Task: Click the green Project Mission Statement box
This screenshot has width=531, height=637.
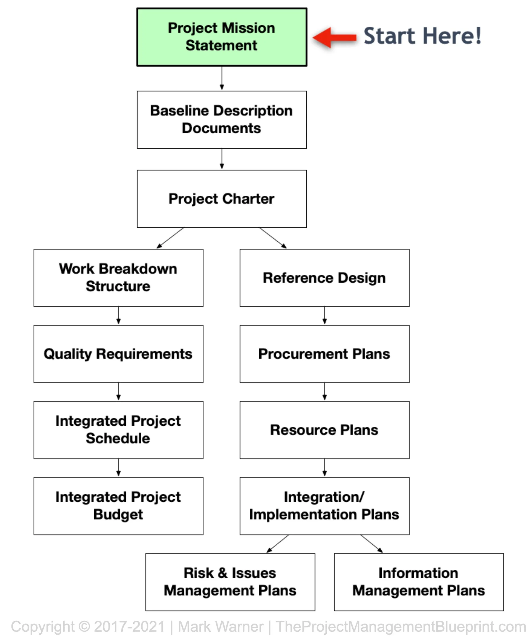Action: coord(222,37)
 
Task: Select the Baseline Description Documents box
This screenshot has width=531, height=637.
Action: coord(222,120)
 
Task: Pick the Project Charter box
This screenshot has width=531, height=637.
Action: coord(222,199)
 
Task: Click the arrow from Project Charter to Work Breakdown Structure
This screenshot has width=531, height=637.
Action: coord(170,238)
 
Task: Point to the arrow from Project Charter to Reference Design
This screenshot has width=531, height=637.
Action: coord(273,238)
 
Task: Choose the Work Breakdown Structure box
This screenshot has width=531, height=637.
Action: coord(119,278)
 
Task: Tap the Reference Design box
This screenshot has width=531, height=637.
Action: coord(324,278)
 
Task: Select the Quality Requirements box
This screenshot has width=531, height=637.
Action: coord(119,354)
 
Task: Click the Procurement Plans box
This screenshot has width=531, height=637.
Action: coord(324,354)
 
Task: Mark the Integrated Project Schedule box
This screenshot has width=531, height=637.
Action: coord(119,430)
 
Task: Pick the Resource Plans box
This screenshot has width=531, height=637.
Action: coord(324,430)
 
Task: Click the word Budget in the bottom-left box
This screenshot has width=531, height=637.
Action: coord(118,514)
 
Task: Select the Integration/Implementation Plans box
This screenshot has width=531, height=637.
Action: coord(324,506)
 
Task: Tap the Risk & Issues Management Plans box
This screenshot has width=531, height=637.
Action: coord(230,582)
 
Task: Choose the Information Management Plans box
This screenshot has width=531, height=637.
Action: coord(418,582)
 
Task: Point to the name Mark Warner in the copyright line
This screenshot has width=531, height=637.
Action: coord(220,626)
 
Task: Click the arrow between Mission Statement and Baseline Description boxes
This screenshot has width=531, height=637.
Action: coord(222,78)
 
